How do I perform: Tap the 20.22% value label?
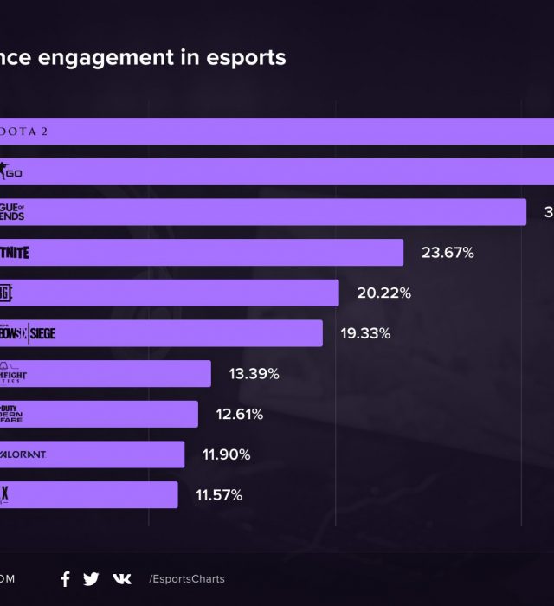click(383, 293)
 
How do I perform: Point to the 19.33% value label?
click(365, 333)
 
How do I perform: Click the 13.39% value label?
click(254, 374)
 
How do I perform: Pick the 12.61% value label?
click(240, 414)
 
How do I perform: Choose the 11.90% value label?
click(227, 455)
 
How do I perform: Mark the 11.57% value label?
click(220, 495)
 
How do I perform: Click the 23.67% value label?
click(448, 253)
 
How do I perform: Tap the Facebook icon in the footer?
click(65, 579)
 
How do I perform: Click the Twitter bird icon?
click(91, 579)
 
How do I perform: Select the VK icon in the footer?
click(122, 579)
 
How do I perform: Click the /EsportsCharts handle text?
click(186, 579)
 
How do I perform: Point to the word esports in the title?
click(247, 58)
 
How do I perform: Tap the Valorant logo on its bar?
click(23, 455)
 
